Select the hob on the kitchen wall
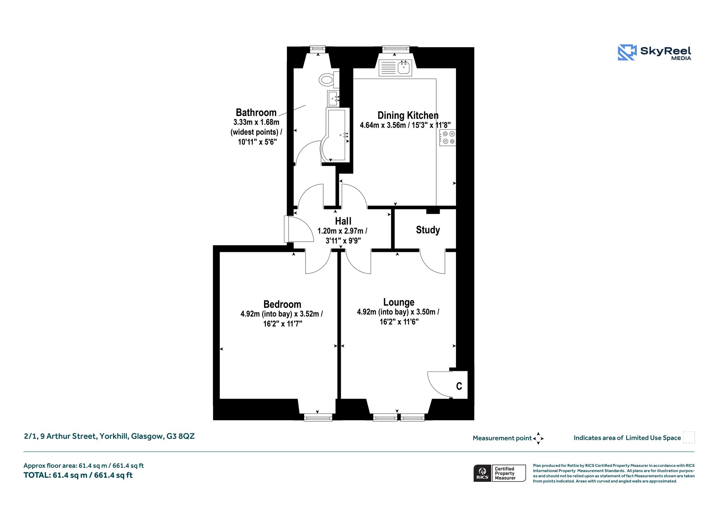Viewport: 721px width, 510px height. pyautogui.click(x=448, y=138)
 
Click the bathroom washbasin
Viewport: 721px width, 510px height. pyautogui.click(x=333, y=98)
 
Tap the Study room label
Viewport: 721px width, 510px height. pyautogui.click(x=428, y=230)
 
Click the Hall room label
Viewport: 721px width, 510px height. pyautogui.click(x=343, y=221)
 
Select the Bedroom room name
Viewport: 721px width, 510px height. pyautogui.click(x=282, y=304)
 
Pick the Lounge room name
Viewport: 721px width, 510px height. pyautogui.click(x=399, y=302)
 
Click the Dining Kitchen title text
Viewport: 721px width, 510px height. pyautogui.click(x=408, y=115)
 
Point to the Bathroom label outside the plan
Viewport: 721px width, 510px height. pyautogui.click(x=256, y=112)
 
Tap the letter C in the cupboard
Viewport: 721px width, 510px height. pyautogui.click(x=459, y=386)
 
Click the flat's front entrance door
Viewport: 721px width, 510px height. pyautogui.click(x=299, y=229)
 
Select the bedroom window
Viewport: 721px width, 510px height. pyautogui.click(x=318, y=417)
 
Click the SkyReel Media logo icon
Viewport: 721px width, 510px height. pyautogui.click(x=627, y=52)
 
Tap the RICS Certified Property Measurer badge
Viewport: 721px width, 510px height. pyautogui.click(x=500, y=473)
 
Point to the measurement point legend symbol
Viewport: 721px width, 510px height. pyautogui.click(x=538, y=439)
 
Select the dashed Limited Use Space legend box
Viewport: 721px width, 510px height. pyautogui.click(x=689, y=437)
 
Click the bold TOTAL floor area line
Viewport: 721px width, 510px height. pyautogui.click(x=78, y=475)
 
